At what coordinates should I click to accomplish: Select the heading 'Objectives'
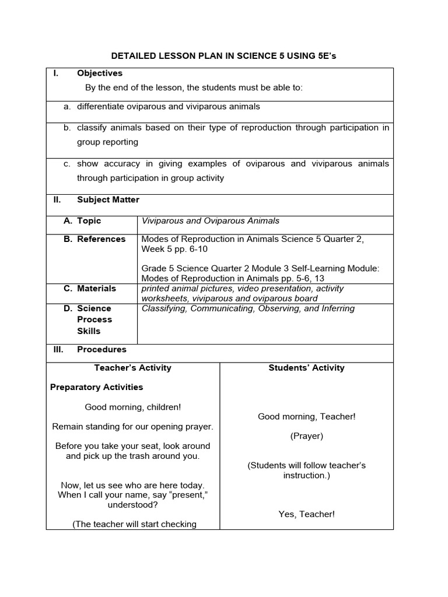(x=100, y=73)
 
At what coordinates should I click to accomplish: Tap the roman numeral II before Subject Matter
(x=57, y=199)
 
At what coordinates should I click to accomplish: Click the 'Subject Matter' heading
(x=108, y=199)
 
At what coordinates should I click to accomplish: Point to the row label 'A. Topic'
(x=82, y=220)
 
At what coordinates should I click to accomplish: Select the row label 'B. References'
(x=94, y=238)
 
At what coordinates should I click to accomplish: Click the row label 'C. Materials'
(x=90, y=288)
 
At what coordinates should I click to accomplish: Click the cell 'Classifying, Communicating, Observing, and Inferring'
(x=248, y=308)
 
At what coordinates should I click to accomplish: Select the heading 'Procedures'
(x=101, y=349)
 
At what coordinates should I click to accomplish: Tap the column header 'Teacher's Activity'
(x=133, y=367)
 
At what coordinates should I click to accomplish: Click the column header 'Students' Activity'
(x=306, y=367)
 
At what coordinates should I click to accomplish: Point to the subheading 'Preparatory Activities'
(x=96, y=387)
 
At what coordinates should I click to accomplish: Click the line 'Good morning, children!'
(x=133, y=407)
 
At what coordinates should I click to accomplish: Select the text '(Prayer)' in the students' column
(x=306, y=436)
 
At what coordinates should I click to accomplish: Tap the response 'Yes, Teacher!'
(x=306, y=514)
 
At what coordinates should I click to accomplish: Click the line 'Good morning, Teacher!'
(x=306, y=416)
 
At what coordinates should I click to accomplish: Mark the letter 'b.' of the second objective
(x=67, y=127)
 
